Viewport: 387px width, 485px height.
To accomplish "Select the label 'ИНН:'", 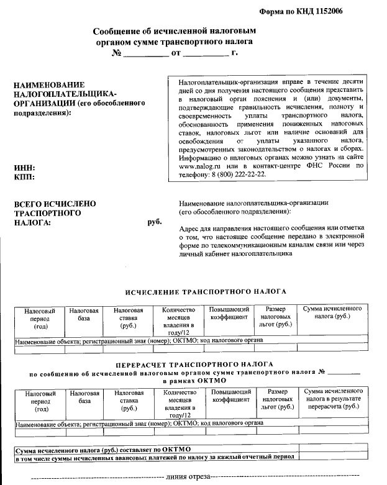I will (24, 168).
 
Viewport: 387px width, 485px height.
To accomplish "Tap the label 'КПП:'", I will (24, 178).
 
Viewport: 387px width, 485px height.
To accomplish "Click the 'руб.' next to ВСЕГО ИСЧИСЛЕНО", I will (153, 222).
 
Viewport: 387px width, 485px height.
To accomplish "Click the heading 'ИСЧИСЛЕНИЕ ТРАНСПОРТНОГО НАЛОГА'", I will (205, 291).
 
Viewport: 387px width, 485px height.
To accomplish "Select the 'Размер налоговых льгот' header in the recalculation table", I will (276, 401).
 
